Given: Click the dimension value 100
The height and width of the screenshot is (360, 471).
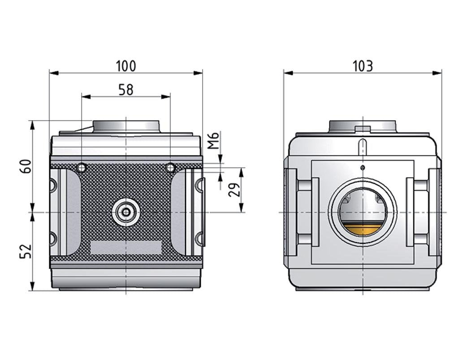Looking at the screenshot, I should pyautogui.click(x=125, y=66).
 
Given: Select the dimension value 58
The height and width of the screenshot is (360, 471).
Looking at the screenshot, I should pyautogui.click(x=126, y=90).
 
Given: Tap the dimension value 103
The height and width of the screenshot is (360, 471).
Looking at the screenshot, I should pyautogui.click(x=363, y=66).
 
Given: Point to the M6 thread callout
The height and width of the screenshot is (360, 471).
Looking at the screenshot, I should pyautogui.click(x=214, y=140).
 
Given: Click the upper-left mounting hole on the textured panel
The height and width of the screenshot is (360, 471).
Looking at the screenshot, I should pyautogui.click(x=82, y=168).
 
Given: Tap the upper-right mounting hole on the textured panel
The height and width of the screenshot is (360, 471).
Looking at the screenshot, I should pyautogui.click(x=170, y=168).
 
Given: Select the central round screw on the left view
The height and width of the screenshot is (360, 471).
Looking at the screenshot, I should pyautogui.click(x=126, y=212).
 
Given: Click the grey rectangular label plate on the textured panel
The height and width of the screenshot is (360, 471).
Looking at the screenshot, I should pyautogui.click(x=126, y=247).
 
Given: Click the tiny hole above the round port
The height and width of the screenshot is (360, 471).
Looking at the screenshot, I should pyautogui.click(x=363, y=168).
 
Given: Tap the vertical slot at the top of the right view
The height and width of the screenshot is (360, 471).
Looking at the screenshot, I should pyautogui.click(x=363, y=147).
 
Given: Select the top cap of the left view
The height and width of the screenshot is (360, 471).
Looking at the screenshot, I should pyautogui.click(x=126, y=126).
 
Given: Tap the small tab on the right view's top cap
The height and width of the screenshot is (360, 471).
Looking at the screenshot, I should pyautogui.click(x=363, y=129).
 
